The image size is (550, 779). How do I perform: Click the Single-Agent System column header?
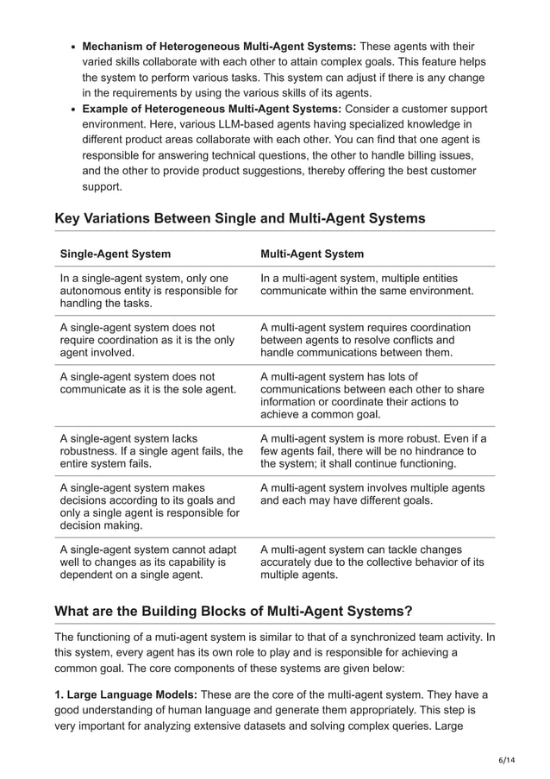tap(115, 254)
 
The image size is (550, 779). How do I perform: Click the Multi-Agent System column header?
tap(311, 254)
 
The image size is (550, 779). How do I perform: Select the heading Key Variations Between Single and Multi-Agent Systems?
tap(240, 218)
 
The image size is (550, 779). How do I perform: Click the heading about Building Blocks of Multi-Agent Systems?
tap(234, 611)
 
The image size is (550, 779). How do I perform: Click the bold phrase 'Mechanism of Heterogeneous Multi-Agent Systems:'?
tap(219, 46)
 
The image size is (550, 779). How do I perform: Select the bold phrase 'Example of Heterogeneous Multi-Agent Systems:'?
tap(212, 109)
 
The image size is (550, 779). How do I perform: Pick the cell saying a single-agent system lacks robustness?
tap(151, 450)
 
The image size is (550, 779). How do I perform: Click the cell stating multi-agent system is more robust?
tap(372, 450)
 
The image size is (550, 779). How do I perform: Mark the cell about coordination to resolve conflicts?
tap(366, 340)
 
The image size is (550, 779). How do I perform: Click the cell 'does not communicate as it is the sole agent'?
tap(147, 383)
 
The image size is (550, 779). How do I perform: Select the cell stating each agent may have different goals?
tap(372, 494)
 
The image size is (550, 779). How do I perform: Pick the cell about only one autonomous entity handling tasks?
tap(148, 291)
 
